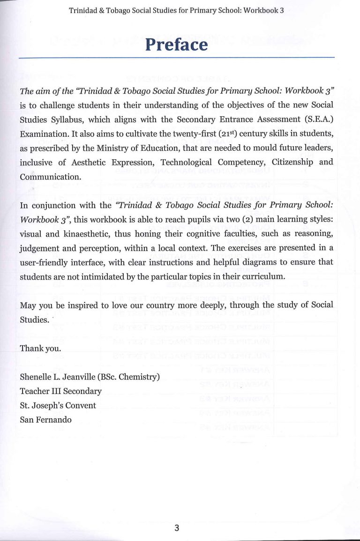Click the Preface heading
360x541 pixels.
pyautogui.click(x=176, y=44)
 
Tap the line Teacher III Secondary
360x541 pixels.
pyautogui.click(x=60, y=391)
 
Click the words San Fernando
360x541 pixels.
pyautogui.click(x=45, y=420)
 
